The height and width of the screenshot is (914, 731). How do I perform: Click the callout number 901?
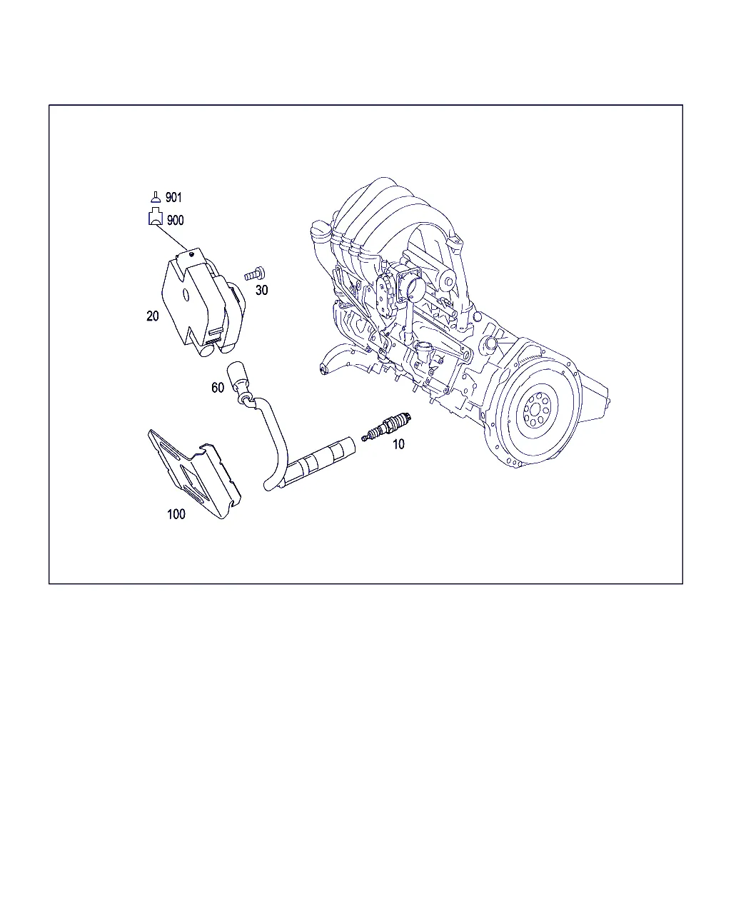point(173,198)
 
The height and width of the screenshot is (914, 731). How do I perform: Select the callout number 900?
point(175,221)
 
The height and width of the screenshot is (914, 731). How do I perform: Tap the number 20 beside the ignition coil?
point(153,316)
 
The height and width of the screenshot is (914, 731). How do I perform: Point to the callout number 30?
point(262,290)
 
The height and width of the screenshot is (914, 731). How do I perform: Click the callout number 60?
point(218,387)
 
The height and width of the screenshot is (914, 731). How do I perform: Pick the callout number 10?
point(398,444)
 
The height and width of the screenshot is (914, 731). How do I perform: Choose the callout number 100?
point(176,514)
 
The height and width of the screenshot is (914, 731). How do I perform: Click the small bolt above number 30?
point(255,273)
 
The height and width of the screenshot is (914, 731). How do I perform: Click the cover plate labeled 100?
point(194,474)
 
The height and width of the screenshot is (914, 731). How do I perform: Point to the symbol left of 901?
point(156,197)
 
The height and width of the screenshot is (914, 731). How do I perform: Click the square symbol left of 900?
point(156,216)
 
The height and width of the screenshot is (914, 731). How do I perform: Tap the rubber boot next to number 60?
point(237,377)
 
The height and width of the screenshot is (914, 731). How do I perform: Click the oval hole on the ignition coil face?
point(186,295)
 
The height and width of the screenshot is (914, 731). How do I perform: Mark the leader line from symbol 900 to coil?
point(171,237)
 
